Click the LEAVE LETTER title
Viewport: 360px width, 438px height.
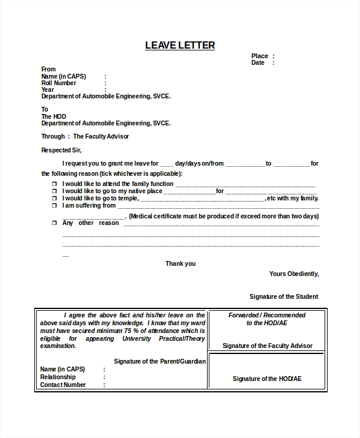(180, 46)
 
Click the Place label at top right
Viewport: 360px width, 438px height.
(260, 56)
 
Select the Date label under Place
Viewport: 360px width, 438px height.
(258, 62)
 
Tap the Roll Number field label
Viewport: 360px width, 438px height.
(59, 83)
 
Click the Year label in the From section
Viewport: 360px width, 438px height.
(47, 89)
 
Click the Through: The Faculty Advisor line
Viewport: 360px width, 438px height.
(85, 136)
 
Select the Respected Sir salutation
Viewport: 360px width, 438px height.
(61, 150)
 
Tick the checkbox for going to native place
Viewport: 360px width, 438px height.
(53, 191)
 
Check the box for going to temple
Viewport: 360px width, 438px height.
(53, 199)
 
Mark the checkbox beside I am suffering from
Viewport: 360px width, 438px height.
(53, 206)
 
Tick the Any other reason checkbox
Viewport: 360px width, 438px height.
(53, 223)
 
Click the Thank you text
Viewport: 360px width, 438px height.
(181, 263)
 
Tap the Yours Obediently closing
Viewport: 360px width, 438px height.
(294, 274)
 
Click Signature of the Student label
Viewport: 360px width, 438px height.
(284, 296)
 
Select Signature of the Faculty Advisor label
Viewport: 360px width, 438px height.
(267, 346)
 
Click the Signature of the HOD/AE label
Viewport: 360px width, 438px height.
(267, 379)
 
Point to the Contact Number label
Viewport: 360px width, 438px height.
(63, 385)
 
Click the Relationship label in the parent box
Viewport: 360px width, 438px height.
(58, 377)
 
